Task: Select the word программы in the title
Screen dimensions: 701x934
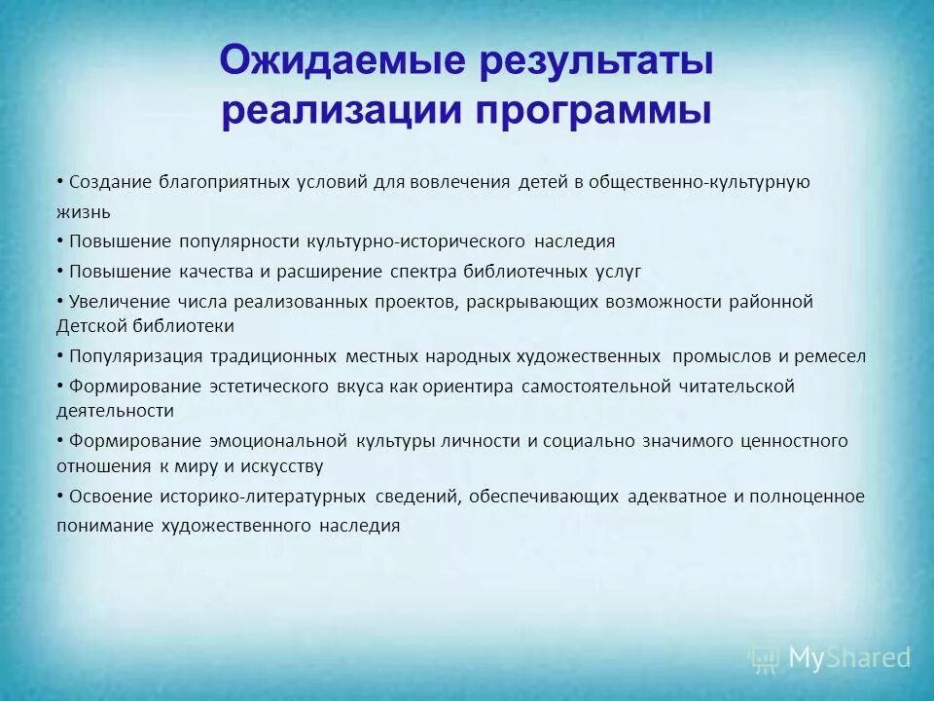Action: click(x=593, y=110)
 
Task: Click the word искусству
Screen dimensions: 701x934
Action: click(x=285, y=466)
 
